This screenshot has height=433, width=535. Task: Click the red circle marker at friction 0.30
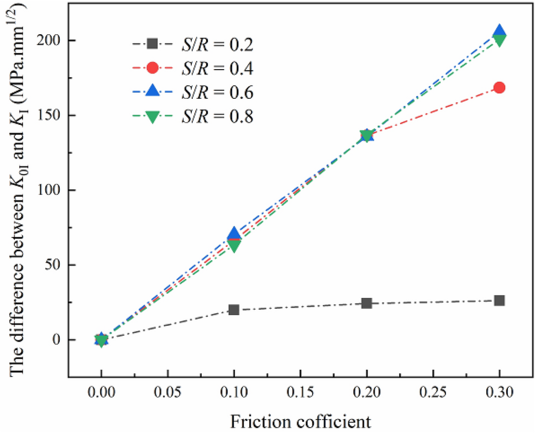pos(499,87)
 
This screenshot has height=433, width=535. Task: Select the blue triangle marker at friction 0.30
pos(499,31)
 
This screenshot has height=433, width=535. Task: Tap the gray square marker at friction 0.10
pos(234,310)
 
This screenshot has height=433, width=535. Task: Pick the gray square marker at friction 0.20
pos(366,303)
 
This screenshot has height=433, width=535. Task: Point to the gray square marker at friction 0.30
pos(499,300)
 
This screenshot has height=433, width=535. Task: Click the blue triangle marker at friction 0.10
pos(234,234)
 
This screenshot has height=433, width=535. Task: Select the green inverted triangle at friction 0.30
pos(499,40)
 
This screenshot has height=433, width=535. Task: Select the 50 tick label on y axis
pos(53,265)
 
